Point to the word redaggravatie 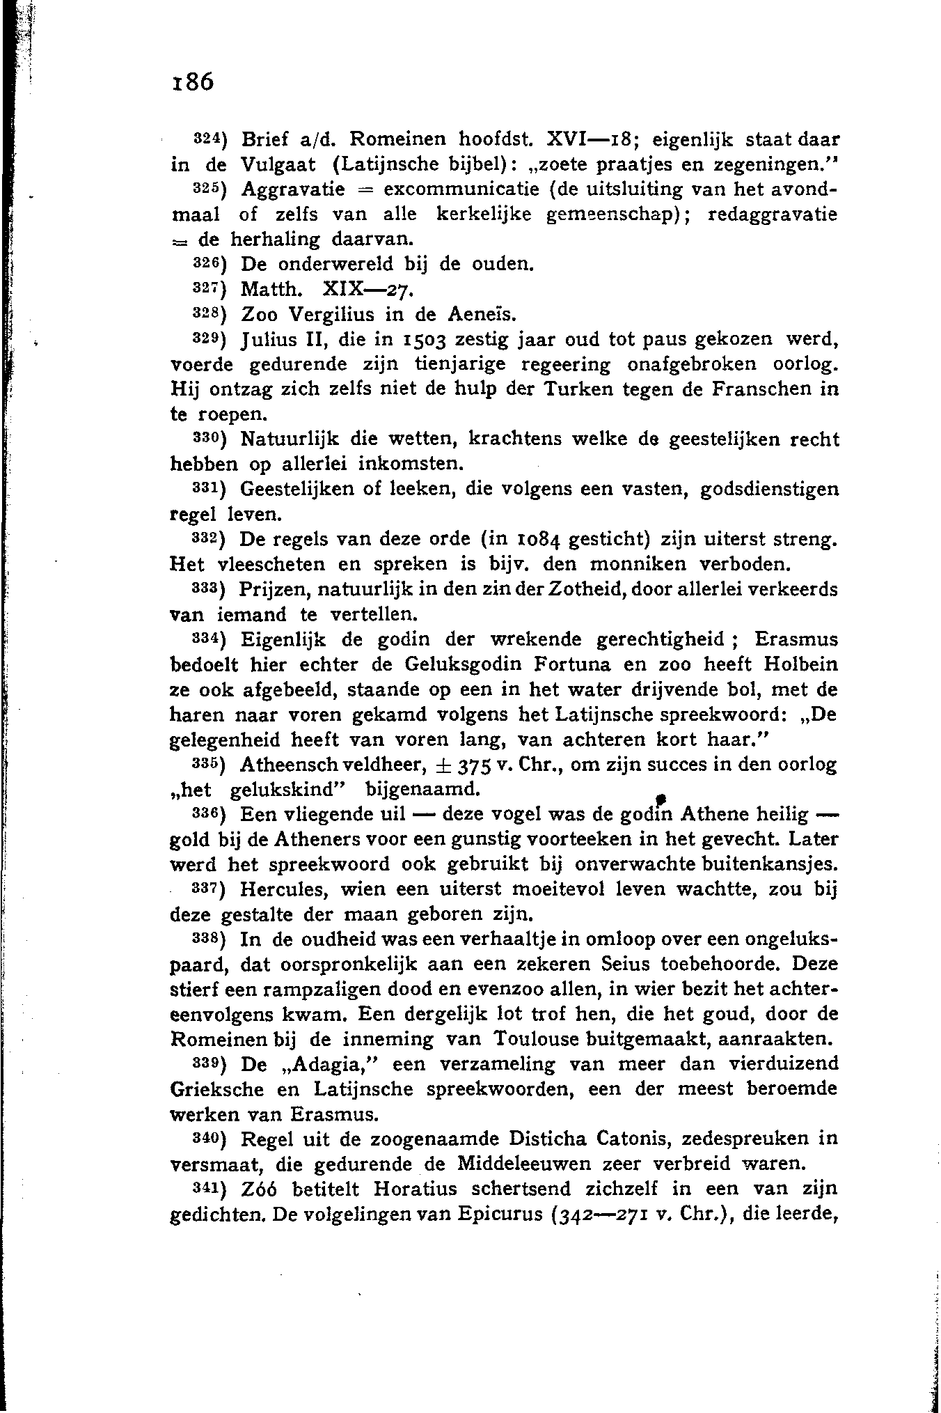773,214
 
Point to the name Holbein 800,664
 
